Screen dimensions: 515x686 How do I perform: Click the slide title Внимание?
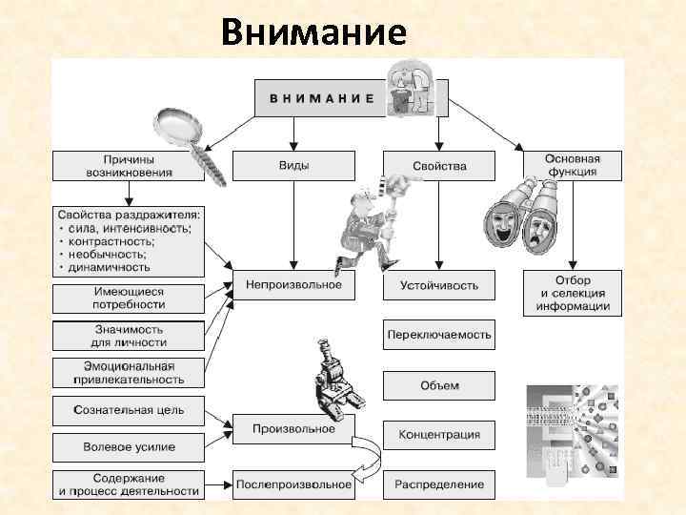[x=313, y=32]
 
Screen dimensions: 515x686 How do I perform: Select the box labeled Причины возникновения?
[x=127, y=166]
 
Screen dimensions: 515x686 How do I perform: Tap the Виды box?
[x=293, y=166]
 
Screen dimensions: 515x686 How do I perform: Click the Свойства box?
[x=439, y=166]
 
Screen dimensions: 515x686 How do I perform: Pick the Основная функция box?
[x=572, y=165]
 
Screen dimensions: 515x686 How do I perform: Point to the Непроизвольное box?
[x=293, y=284]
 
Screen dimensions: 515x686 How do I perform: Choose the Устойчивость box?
[x=439, y=285]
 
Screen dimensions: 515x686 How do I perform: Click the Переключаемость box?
[x=439, y=335]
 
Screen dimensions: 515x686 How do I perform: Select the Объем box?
[x=439, y=385]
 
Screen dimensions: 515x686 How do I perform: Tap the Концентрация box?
[x=439, y=435]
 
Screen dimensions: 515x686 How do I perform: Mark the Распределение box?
[x=439, y=484]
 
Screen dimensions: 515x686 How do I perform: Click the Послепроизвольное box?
[x=293, y=484]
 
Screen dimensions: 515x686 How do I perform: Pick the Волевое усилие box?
[x=128, y=446]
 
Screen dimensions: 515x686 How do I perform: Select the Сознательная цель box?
[x=128, y=411]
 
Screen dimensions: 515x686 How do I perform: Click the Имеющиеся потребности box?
[x=128, y=298]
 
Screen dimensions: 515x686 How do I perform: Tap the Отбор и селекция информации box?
[x=572, y=294]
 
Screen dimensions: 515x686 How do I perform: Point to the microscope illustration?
[x=333, y=386]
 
